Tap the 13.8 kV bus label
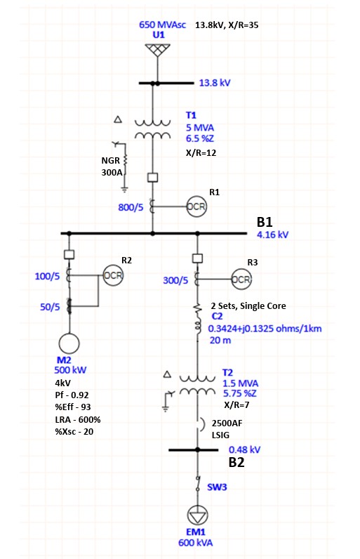[x=215, y=83]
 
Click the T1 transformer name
[x=192, y=114]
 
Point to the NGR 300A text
[x=112, y=166]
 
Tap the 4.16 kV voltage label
[x=272, y=235]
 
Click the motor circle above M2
[x=69, y=343]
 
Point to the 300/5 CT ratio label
[x=175, y=280]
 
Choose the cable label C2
[x=217, y=317]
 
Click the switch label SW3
[x=217, y=485]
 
